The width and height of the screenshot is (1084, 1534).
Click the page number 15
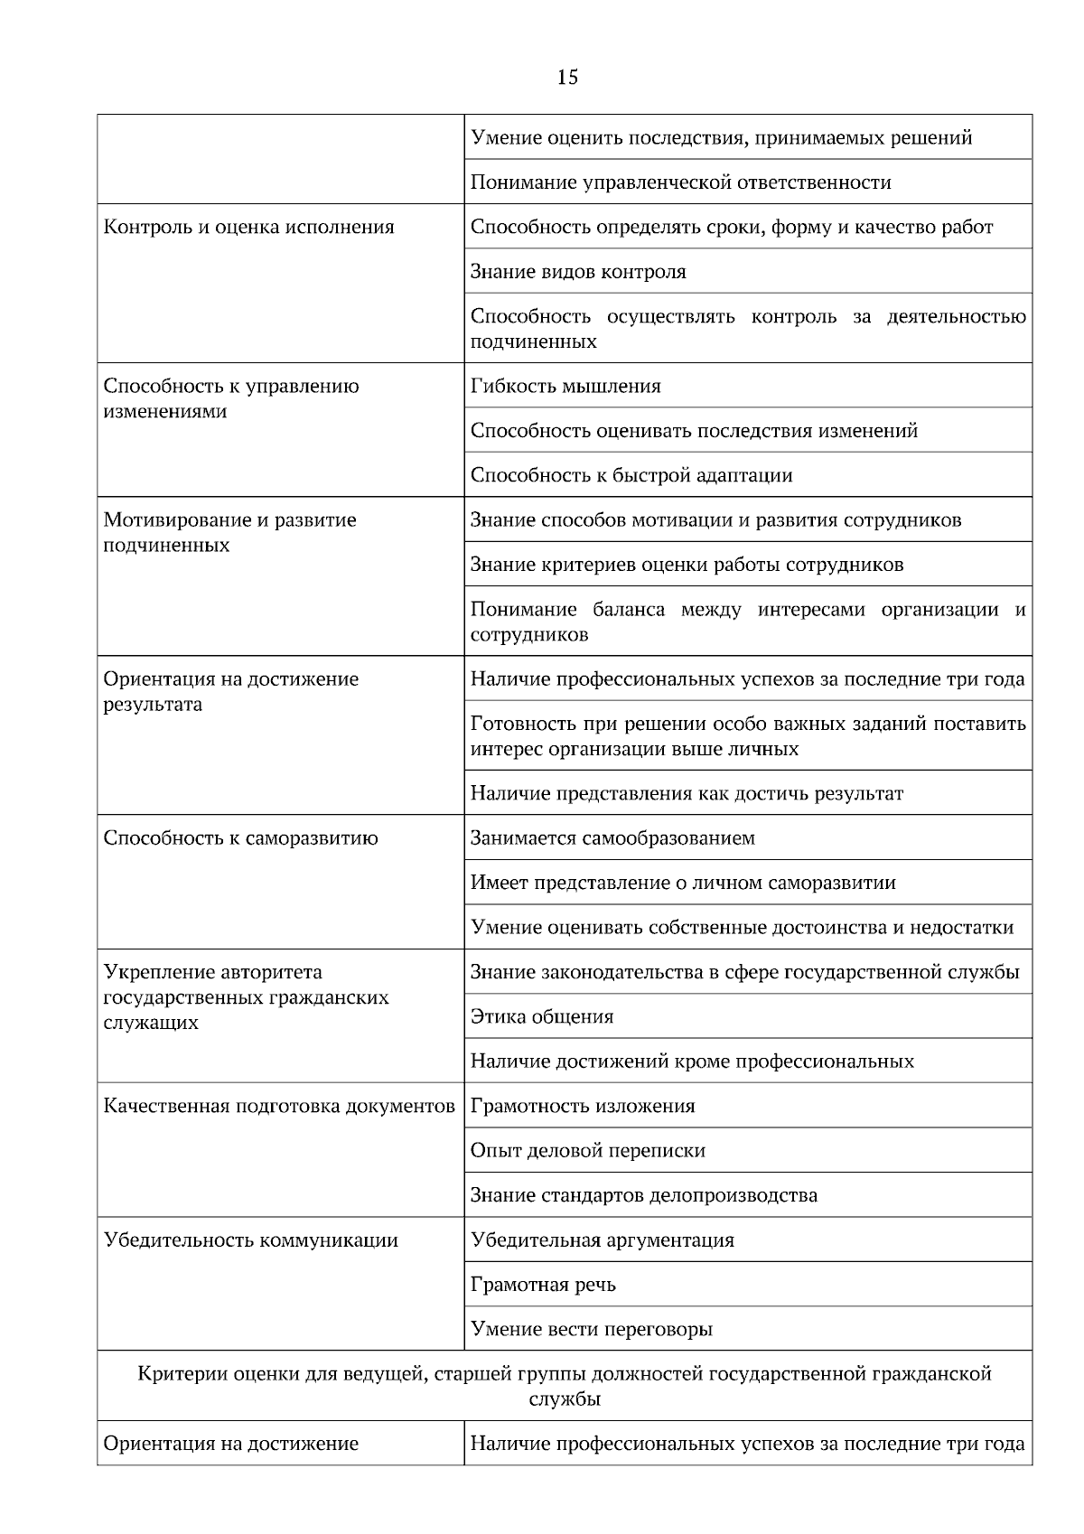(567, 78)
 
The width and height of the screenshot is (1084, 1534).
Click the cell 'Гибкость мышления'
(565, 387)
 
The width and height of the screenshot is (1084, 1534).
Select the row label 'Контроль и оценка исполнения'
(249, 228)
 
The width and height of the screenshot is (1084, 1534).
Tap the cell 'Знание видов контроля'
(578, 272)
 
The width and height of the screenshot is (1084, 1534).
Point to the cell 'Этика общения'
(542, 1017)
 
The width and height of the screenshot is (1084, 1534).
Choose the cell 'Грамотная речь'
(543, 1285)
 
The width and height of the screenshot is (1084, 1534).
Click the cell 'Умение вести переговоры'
(592, 1330)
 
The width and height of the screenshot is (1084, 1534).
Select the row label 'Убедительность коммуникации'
(251, 1240)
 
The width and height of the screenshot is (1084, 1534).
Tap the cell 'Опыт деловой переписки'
(588, 1151)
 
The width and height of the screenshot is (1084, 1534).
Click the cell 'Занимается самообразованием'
(612, 838)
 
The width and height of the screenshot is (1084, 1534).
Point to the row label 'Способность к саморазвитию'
(241, 838)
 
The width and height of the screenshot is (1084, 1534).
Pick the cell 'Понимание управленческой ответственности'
(681, 182)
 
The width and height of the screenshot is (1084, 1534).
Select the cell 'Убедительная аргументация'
(603, 1240)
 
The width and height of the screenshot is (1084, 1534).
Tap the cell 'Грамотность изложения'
(583, 1107)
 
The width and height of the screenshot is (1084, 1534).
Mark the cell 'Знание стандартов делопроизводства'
(644, 1196)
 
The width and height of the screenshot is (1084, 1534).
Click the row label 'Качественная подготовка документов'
(279, 1107)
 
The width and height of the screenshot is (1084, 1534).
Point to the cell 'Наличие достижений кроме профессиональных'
(692, 1062)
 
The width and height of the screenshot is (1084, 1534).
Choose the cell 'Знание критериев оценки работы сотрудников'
(687, 566)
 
